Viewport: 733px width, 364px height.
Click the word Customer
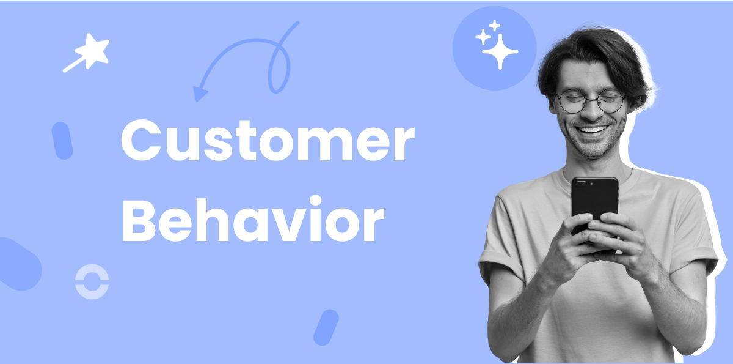click(268, 141)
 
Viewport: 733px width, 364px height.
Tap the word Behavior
click(253, 220)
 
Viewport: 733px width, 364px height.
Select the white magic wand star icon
click(89, 53)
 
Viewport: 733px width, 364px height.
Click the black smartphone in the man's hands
click(594, 202)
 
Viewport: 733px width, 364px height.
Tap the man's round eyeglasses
click(590, 102)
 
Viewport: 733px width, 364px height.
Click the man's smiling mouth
click(593, 130)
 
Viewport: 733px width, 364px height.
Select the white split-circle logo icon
click(92, 283)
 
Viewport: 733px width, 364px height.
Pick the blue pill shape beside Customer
click(62, 141)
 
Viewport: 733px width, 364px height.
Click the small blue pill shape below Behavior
click(326, 327)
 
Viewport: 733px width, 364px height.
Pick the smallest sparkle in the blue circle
click(494, 25)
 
